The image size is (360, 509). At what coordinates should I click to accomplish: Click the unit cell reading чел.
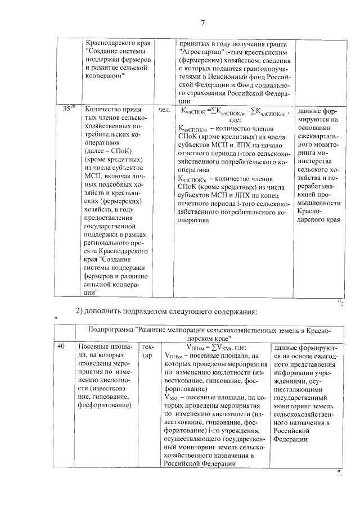click(164, 110)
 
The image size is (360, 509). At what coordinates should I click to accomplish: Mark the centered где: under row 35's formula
click(235, 120)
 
